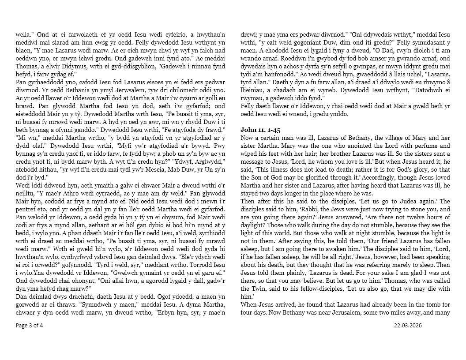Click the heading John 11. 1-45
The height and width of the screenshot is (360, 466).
point(260,130)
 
